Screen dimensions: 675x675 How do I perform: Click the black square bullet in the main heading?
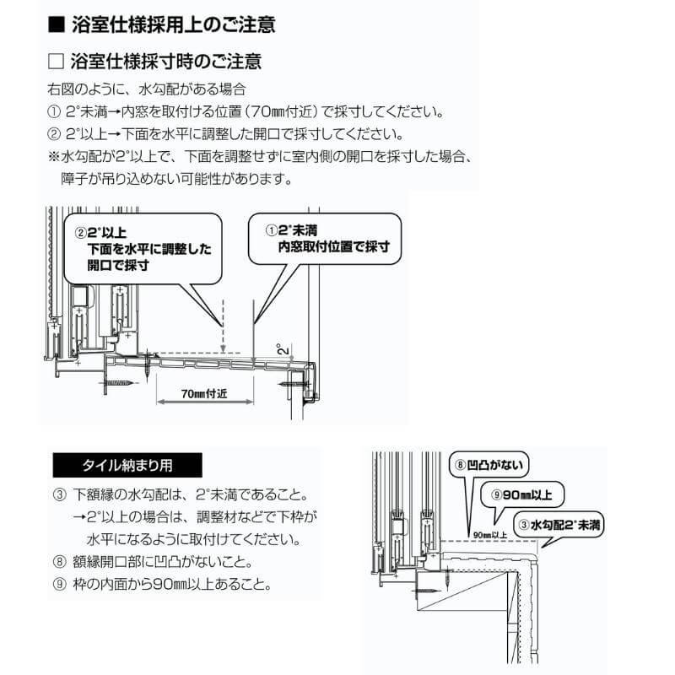pyautogui.click(x=57, y=24)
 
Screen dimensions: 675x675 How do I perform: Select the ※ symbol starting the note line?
pyautogui.click(x=55, y=157)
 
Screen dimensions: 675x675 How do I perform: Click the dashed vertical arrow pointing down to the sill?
pyautogui.click(x=220, y=325)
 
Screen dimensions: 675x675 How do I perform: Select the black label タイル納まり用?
pyautogui.click(x=127, y=465)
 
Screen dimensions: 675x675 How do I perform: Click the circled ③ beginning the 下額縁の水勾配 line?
pyautogui.click(x=58, y=494)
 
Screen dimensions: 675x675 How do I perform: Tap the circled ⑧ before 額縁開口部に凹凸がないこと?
pyautogui.click(x=58, y=561)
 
